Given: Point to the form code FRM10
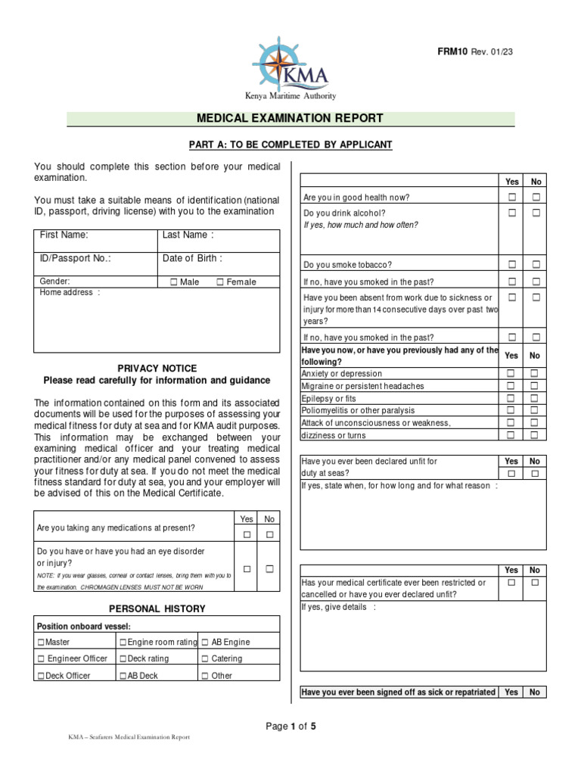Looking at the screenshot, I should click(452, 51).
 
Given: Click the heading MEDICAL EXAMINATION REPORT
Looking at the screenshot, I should click(290, 119).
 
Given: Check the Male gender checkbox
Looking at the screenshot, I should click(174, 282).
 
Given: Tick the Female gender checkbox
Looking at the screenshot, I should click(220, 282).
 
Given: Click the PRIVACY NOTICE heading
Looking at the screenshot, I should click(157, 368).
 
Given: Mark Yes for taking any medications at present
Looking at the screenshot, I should click(246, 535).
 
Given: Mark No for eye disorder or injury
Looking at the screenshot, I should click(269, 568).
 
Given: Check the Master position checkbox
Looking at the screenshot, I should click(41, 643).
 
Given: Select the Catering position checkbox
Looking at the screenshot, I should click(205, 659).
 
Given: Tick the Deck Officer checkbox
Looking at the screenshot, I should click(41, 676).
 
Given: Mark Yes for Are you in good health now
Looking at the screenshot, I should click(512, 198).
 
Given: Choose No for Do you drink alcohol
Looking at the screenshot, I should click(536, 213).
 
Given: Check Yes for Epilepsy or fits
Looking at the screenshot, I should click(511, 398).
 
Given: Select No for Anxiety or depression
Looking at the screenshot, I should click(534, 374).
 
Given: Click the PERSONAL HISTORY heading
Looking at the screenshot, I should click(157, 608).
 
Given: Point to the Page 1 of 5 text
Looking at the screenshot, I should click(290, 727).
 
